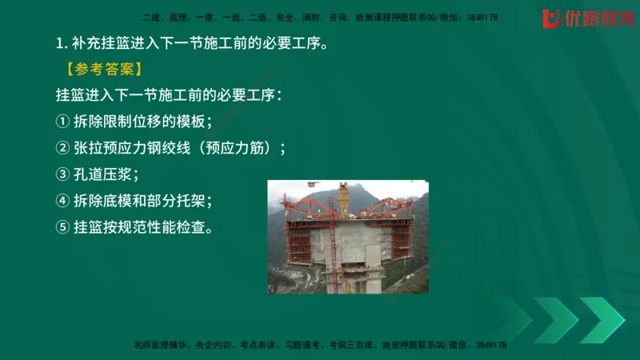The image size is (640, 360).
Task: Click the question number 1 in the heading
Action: [60, 43]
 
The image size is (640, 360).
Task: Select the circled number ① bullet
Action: [63, 122]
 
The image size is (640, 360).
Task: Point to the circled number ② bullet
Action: [63, 148]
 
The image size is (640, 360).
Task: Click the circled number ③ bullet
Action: [63, 174]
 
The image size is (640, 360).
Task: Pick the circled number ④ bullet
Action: [63, 201]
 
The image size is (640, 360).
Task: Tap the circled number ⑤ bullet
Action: [63, 227]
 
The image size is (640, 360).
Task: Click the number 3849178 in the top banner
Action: [481, 17]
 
